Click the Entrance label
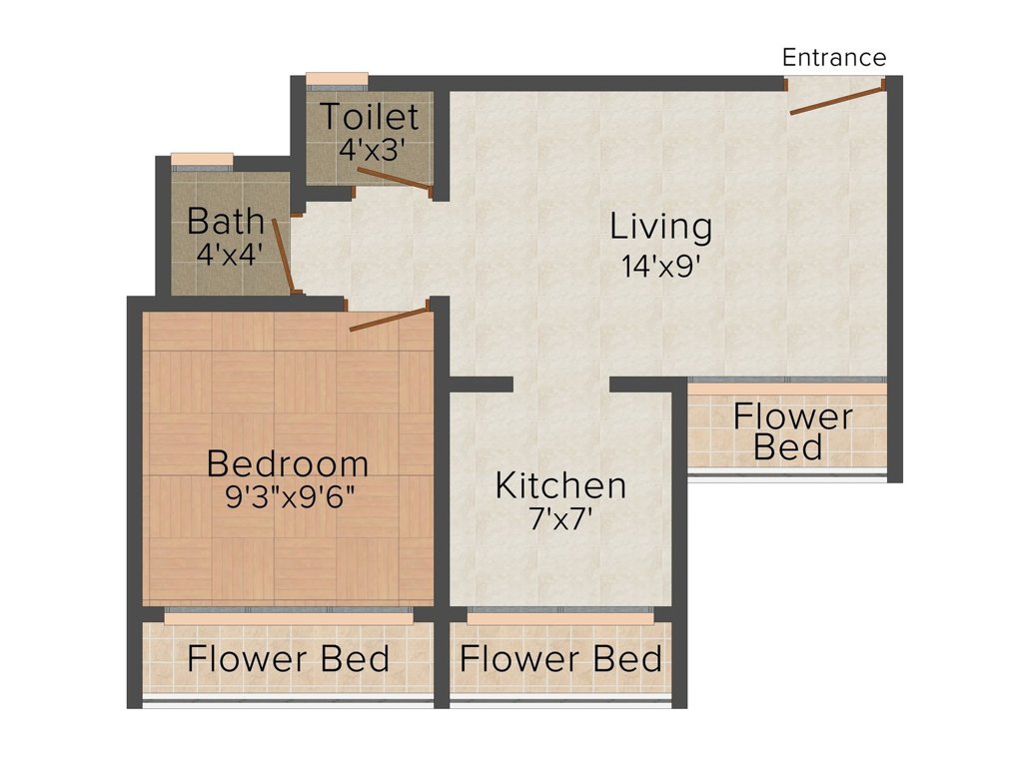834,57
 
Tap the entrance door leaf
837,101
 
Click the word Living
661,228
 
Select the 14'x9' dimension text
661,266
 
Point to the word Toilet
370,117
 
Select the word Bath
226,221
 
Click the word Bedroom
288,463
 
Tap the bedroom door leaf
391,320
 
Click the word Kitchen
560,486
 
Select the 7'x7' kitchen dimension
560,519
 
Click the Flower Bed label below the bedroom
289,659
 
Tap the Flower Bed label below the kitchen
560,659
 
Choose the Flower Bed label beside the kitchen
792,431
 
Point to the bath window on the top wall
202,162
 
